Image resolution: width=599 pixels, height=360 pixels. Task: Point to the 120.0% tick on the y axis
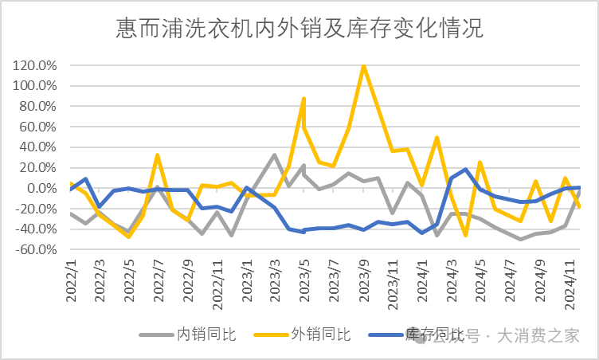coord(34,65)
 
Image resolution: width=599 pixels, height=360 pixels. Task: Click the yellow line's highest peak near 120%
coord(364,65)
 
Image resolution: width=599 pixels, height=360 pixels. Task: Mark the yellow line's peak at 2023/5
coord(304,99)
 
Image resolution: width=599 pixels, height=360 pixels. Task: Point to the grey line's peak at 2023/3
coord(274,155)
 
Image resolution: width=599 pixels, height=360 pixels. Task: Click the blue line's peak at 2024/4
coord(465,170)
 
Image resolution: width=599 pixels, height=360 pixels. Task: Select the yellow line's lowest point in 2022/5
coord(128,237)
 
